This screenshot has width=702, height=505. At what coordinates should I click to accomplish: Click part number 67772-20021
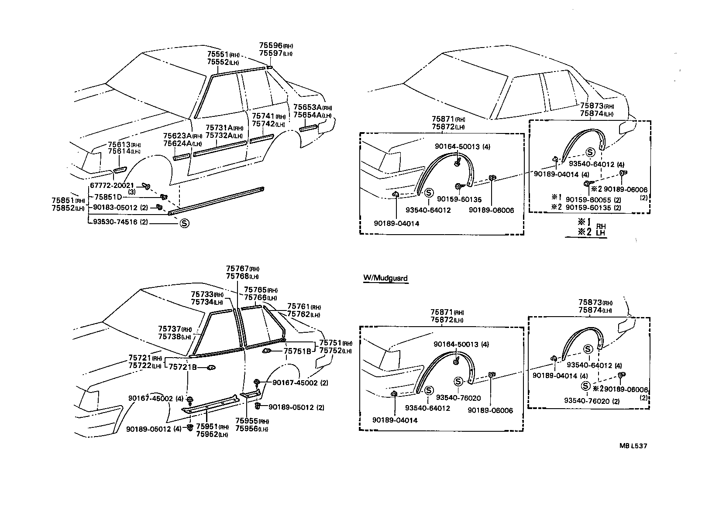pyautogui.click(x=112, y=186)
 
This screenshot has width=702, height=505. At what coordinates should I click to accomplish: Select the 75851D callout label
pyautogui.click(x=108, y=197)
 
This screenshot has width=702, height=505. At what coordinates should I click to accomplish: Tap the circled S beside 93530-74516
pyautogui.click(x=184, y=223)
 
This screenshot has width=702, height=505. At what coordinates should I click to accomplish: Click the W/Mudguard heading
pyautogui.click(x=385, y=278)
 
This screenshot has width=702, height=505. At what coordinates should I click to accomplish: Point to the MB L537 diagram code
pyautogui.click(x=633, y=446)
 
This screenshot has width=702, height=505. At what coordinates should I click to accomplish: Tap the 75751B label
pyautogui.click(x=297, y=351)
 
